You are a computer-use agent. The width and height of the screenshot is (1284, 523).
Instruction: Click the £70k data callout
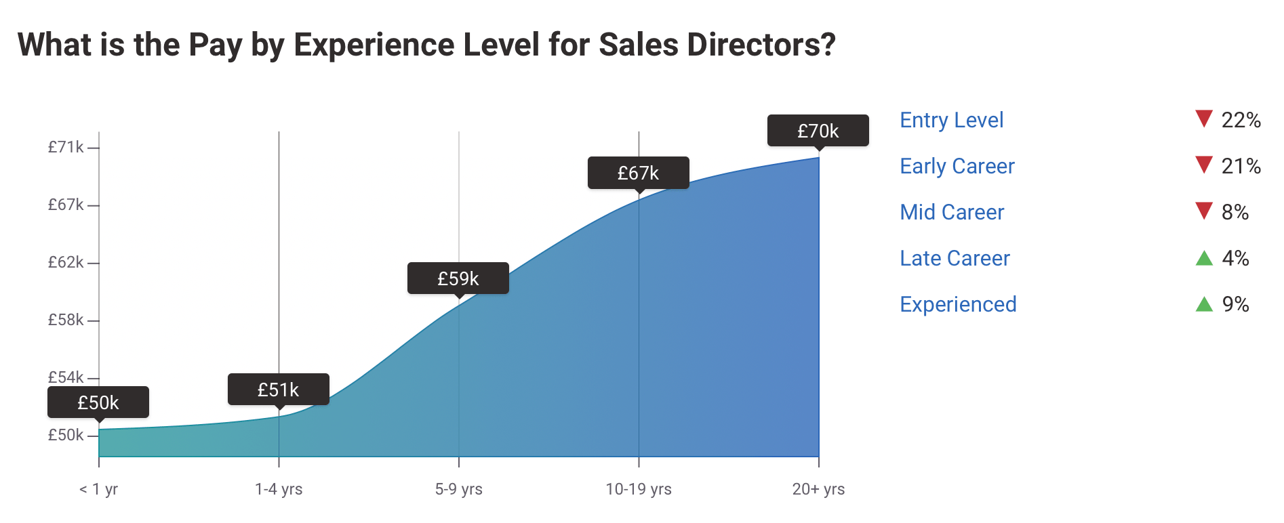point(818,131)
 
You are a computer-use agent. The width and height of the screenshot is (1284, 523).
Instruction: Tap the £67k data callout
point(638,173)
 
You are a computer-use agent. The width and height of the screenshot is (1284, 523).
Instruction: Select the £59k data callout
point(458,278)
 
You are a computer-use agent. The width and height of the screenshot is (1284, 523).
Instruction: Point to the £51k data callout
point(278,390)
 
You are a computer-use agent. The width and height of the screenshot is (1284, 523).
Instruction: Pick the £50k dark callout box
point(98,402)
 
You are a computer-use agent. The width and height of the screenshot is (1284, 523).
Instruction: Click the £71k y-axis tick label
point(66,147)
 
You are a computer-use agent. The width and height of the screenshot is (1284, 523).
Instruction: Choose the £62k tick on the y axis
point(66,262)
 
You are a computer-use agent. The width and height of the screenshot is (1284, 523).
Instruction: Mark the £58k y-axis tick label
point(66,320)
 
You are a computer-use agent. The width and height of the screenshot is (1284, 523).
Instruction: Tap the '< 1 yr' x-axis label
point(98,489)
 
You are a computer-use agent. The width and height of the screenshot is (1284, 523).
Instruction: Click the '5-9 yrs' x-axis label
point(458,489)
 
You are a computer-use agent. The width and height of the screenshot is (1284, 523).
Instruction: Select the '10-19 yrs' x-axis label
point(638,489)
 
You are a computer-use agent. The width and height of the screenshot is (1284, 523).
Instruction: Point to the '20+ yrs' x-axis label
point(818,489)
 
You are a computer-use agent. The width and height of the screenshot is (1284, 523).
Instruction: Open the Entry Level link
point(951,120)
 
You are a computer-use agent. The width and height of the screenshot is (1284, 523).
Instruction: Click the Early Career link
point(957,166)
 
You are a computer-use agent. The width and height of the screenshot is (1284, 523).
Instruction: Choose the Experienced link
point(958,304)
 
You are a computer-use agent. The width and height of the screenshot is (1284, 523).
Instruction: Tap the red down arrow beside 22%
point(1203,119)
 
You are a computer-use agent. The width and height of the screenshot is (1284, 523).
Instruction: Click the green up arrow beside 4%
point(1204,258)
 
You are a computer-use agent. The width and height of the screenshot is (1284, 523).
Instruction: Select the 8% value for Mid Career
point(1235,212)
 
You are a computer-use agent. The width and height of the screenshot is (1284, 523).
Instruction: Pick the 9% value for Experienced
point(1235,304)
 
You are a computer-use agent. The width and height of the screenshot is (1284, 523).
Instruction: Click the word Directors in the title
point(761,45)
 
